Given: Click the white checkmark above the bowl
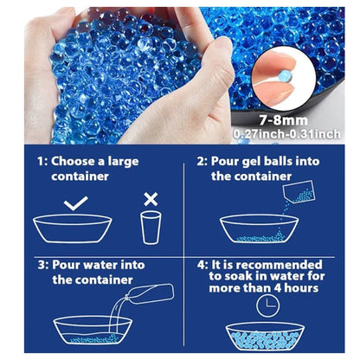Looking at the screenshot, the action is click(75, 204).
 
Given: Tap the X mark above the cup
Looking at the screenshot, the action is click(151, 199).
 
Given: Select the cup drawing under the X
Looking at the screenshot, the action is click(151, 228).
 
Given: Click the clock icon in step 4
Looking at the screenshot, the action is click(268, 305).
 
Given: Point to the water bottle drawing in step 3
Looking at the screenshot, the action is click(150, 294).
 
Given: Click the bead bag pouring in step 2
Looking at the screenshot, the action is click(299, 192).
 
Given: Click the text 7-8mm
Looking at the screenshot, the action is click(283, 120).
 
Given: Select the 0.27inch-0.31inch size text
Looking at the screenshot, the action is click(286, 134).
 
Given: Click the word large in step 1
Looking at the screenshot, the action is click(123, 162).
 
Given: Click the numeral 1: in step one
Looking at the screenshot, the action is click(42, 161).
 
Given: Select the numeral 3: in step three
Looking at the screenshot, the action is click(43, 265).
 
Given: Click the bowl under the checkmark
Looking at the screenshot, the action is click(73, 229).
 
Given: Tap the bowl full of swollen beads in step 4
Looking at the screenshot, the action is click(265, 337).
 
